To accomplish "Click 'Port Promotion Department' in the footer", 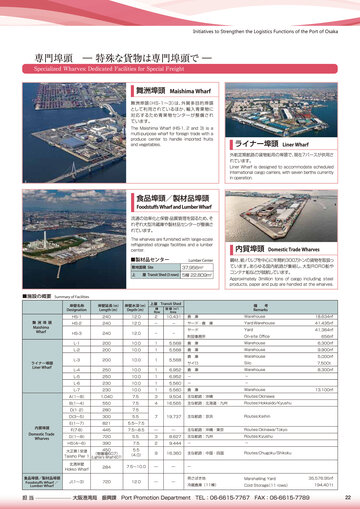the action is (x=156, y=497).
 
